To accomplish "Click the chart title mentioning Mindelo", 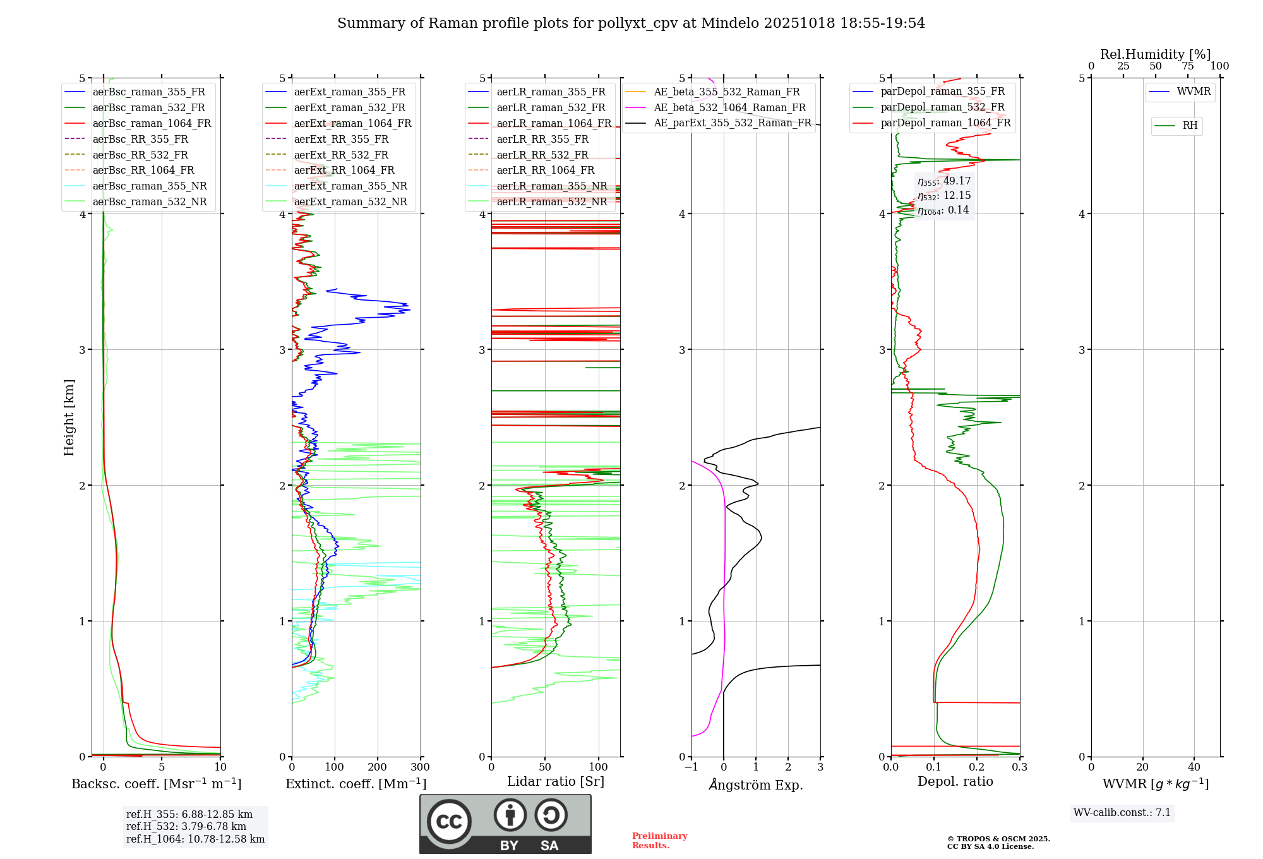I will (x=631, y=23).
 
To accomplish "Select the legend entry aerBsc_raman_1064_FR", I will (x=152, y=123).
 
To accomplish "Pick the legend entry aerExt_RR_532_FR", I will (x=341, y=155).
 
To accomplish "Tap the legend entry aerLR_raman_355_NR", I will (x=551, y=186).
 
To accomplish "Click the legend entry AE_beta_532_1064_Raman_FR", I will (x=729, y=107).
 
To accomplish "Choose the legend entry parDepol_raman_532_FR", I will (x=942, y=107).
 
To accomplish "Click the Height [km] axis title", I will (x=69, y=417).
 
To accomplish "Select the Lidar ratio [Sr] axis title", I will (x=556, y=781).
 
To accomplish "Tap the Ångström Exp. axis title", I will (x=756, y=785).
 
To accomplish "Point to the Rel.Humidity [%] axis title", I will (x=1155, y=54).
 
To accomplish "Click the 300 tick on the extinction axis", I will (x=420, y=767).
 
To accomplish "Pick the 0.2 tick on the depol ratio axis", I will (x=977, y=767).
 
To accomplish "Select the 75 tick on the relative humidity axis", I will (x=1188, y=66).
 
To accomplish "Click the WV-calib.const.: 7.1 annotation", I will (x=1122, y=813).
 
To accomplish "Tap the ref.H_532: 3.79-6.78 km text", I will (x=186, y=826).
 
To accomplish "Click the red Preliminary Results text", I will (x=659, y=841).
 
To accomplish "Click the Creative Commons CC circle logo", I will (x=449, y=822).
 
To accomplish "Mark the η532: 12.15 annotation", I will (x=944, y=196).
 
